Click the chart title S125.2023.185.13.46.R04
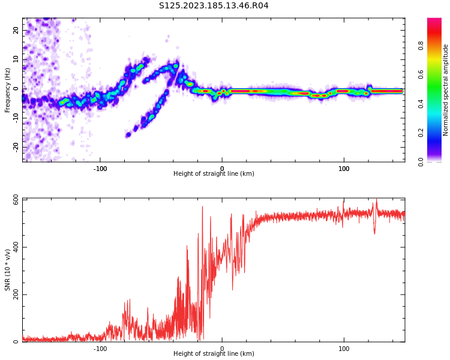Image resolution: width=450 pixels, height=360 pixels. point(214,6)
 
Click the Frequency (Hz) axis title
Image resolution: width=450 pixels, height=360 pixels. point(7,90)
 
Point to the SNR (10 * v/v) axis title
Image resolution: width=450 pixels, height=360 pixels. point(8,270)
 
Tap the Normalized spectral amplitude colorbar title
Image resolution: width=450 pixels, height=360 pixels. point(446,90)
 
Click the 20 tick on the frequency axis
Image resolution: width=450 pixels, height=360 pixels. point(16,30)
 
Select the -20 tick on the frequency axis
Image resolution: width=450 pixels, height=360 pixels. point(16,147)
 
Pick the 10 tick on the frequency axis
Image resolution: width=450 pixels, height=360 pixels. point(16,59)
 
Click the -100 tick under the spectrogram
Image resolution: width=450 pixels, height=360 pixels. point(100,169)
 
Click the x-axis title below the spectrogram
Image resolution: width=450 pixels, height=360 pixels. point(214,174)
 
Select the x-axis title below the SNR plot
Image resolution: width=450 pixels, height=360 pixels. point(214,354)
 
